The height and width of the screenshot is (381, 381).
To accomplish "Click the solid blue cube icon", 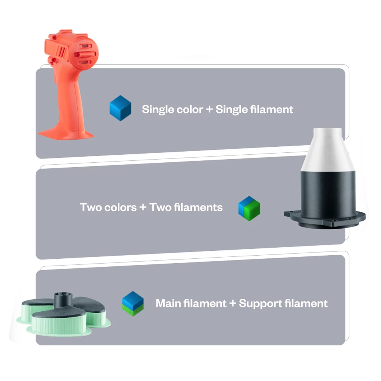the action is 120,108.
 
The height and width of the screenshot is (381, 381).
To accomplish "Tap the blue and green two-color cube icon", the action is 249,208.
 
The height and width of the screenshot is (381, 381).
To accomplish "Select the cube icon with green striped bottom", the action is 133,304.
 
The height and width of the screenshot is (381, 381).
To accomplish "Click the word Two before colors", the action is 92,207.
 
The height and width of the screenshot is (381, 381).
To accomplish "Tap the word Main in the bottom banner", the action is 168,303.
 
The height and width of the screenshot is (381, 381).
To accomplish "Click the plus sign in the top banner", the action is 209,109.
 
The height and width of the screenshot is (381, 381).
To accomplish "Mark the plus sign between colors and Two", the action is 143,207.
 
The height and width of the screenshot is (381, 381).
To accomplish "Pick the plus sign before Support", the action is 233,303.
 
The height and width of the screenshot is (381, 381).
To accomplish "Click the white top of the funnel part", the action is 328,149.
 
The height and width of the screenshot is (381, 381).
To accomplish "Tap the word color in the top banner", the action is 190,110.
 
